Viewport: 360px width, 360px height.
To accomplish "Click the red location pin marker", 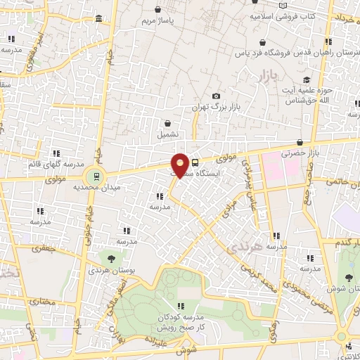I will click(x=181, y=165).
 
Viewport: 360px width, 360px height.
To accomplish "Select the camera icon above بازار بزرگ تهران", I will click(x=216, y=96).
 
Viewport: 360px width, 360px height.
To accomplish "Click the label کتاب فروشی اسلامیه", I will click(x=287, y=14).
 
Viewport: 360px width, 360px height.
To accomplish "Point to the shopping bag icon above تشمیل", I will click(x=167, y=122).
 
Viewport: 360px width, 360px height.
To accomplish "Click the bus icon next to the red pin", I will click(x=195, y=162).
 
